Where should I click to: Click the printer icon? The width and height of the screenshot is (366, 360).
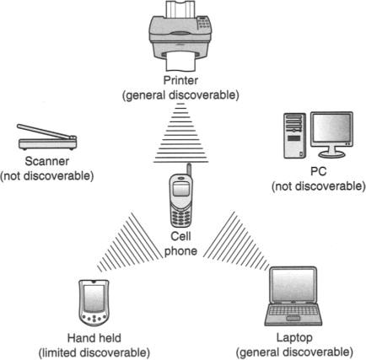(180, 35)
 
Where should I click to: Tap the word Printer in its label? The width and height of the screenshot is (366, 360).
(180, 80)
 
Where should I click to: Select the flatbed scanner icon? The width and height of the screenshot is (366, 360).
(47, 137)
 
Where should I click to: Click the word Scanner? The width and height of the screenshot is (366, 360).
(47, 161)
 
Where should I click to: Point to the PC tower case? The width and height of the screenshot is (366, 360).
(294, 136)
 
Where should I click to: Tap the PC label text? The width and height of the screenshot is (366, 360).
(319, 171)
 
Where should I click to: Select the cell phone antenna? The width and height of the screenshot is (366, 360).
(189, 169)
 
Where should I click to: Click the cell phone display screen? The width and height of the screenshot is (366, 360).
(180, 189)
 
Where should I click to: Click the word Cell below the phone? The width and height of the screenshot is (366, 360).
(180, 236)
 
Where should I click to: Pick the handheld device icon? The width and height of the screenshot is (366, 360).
(94, 303)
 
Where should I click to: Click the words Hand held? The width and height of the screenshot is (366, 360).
(94, 338)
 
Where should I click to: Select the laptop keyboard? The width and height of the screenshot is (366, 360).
(293, 310)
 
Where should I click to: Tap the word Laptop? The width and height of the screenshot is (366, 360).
(294, 337)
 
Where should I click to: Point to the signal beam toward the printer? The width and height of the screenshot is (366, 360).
(180, 133)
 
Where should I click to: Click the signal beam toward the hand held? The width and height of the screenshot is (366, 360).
(130, 242)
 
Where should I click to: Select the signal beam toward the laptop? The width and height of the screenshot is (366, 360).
(236, 241)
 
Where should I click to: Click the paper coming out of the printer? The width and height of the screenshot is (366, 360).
(180, 62)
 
